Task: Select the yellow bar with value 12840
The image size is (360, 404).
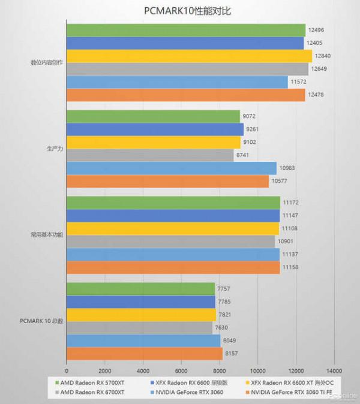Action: (x=189, y=56)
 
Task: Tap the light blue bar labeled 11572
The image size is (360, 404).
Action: (x=177, y=82)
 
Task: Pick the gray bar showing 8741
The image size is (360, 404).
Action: (x=150, y=155)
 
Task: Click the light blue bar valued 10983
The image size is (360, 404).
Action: (x=172, y=168)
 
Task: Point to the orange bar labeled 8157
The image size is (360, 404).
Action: (x=145, y=354)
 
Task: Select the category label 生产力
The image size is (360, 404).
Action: (x=54, y=149)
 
